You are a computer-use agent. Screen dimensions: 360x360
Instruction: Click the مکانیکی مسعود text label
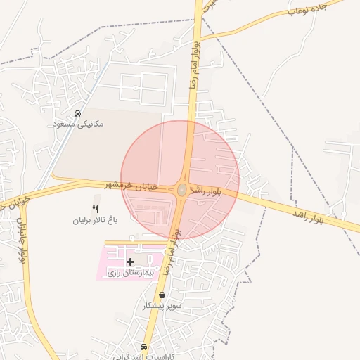[x=78, y=124]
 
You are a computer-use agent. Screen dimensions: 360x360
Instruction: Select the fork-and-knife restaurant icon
[x=96, y=209]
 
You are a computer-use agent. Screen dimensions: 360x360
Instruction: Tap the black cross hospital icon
[x=130, y=262]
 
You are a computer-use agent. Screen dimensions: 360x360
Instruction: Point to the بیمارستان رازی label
[x=128, y=272]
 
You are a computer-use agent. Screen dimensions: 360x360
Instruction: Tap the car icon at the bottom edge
[x=144, y=347]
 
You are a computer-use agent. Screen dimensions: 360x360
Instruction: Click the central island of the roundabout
[x=182, y=190]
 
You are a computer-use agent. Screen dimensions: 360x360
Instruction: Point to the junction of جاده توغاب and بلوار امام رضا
[x=200, y=37]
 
